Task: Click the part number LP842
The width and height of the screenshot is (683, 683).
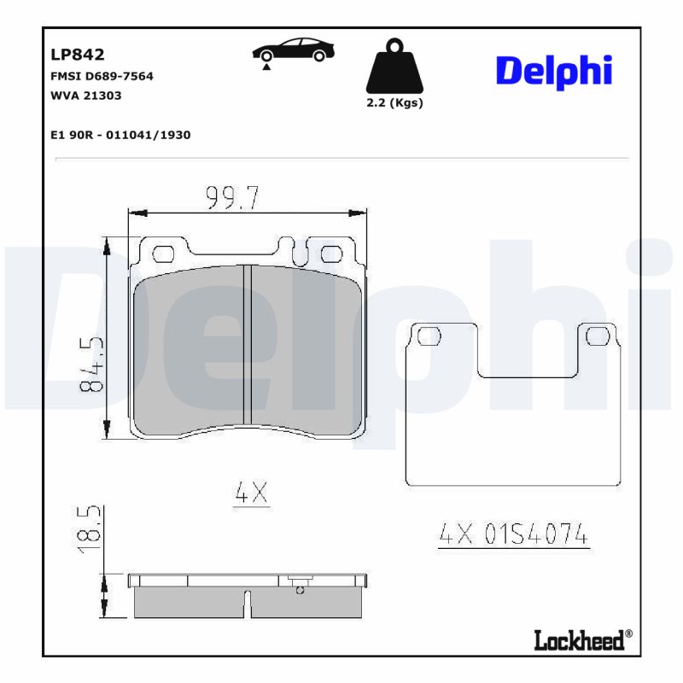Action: pos(78,55)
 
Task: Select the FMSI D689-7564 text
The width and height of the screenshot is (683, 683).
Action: pos(102,76)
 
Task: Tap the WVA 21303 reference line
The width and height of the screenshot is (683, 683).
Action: pos(86,96)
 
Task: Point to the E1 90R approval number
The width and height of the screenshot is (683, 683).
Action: pos(120,135)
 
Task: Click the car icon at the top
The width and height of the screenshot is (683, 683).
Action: pos(293,50)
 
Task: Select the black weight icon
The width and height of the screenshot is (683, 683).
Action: pos(394,67)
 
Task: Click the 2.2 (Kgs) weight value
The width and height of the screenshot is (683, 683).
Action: pos(394,103)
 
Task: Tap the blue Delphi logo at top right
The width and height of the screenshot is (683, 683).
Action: pos(554,71)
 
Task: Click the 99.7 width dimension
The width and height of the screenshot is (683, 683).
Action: pos(232,198)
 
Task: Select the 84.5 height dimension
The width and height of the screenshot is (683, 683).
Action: pos(91,364)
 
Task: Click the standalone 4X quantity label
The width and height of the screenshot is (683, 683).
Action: pos(252,493)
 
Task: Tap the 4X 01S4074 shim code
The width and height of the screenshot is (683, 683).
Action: pos(513,534)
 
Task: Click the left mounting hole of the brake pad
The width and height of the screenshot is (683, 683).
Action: pos(162,253)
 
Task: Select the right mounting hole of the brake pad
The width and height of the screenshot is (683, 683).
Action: pos(331,253)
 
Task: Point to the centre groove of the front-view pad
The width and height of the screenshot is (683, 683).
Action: pos(245,345)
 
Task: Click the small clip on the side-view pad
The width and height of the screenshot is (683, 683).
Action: pos(299,584)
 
